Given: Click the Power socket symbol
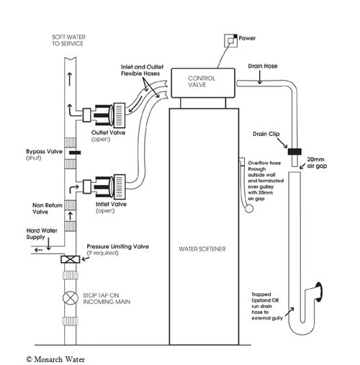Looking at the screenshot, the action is [230, 40].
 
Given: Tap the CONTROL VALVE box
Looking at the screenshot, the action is [203, 83].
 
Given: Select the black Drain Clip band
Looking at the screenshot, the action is [294, 151].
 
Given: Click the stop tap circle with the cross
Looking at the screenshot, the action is [71, 298].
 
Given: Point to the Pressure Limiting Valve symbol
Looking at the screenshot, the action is [71, 259].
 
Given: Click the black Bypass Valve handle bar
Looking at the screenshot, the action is [75, 153].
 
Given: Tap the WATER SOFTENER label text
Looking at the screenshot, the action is [202, 249].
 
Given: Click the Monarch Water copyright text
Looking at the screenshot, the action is [55, 359].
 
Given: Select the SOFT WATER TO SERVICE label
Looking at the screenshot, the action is [68, 40].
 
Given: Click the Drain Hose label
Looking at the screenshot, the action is [263, 66].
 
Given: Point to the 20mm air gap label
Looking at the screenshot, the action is [317, 163].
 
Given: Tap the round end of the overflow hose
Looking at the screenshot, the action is [249, 209].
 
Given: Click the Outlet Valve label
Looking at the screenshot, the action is [108, 132].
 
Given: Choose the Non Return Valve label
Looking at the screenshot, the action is [48, 209].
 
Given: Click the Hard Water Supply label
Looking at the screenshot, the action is [42, 234].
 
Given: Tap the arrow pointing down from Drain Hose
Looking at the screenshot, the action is [260, 77].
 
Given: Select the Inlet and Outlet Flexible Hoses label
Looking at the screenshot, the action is [142, 71].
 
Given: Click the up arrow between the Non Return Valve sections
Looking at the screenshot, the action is [70, 216].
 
